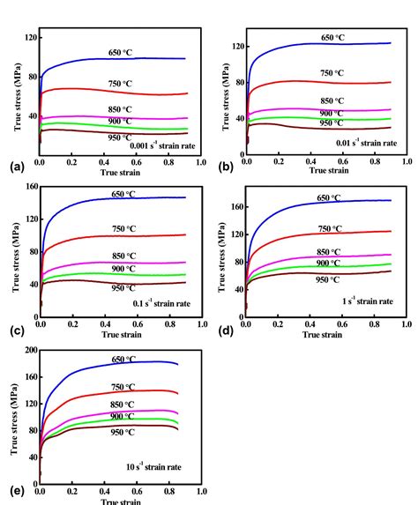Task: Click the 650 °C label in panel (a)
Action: [x=121, y=52]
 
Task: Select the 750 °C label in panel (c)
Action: [x=121, y=229]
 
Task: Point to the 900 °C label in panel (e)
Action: [x=123, y=416]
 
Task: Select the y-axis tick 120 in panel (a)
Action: [x=29, y=38]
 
